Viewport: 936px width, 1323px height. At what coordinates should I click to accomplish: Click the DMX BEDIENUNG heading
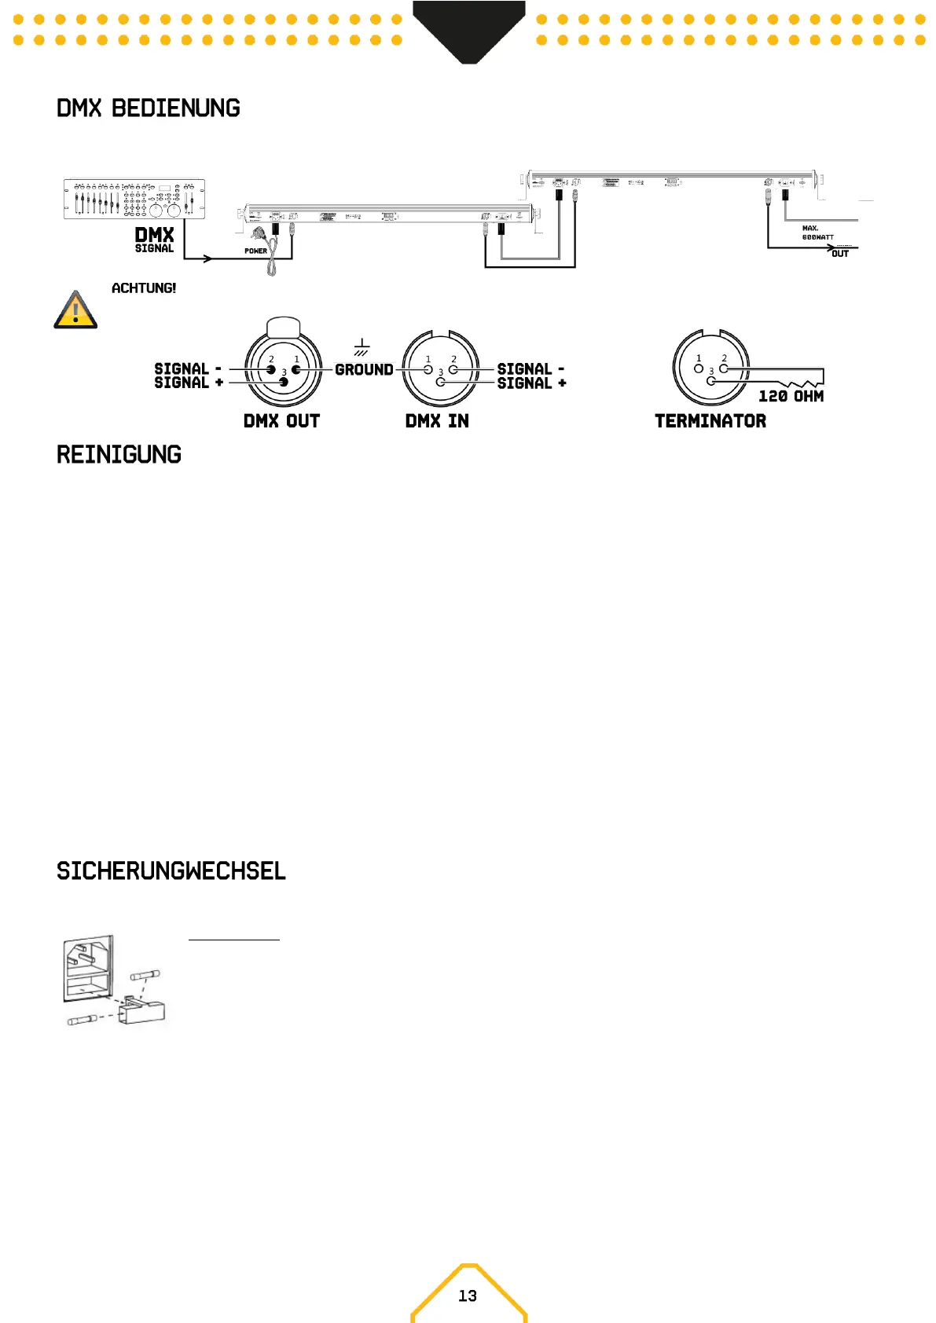point(148,108)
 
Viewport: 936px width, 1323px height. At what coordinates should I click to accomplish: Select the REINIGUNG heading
point(119,455)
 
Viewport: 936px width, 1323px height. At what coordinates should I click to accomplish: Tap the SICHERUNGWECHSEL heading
point(171,871)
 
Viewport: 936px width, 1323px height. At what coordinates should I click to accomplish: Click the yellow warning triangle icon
point(75,310)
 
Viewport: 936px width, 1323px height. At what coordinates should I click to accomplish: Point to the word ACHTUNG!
point(144,288)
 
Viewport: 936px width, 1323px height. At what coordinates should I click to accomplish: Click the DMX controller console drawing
point(134,199)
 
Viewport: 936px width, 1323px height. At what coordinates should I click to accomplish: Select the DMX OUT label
point(281,421)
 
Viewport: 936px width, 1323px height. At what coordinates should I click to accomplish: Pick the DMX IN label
point(437,421)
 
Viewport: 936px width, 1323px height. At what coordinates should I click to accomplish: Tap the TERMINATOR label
point(710,421)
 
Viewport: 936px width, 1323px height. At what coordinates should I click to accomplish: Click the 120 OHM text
point(791,397)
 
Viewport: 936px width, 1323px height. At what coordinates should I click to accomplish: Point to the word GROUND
point(364,369)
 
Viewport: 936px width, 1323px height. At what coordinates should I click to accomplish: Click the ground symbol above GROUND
point(362,346)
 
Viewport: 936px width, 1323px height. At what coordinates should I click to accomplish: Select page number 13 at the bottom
point(468,1296)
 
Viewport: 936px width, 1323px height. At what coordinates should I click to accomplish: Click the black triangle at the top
point(468,30)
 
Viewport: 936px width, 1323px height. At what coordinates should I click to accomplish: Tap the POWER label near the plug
point(255,251)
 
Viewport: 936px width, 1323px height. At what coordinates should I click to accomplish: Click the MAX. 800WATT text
point(817,233)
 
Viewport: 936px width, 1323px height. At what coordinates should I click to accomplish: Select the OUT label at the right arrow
point(840,254)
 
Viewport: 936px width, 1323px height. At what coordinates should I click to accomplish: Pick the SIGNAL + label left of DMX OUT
point(189,383)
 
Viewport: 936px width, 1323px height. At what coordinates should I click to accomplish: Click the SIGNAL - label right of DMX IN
point(530,368)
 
